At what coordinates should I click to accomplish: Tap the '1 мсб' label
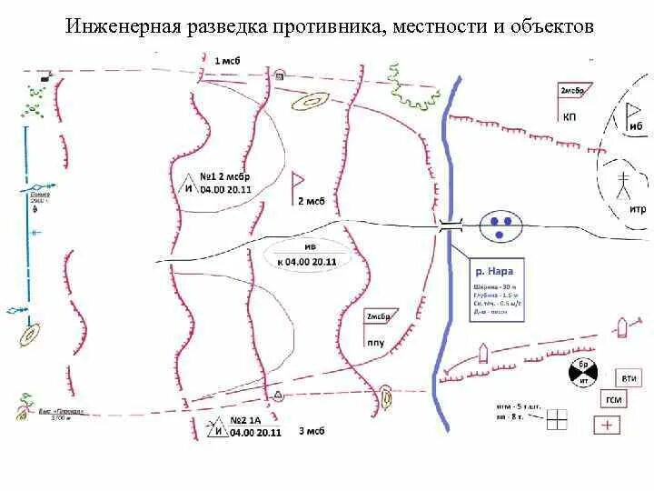pyautogui.click(x=226, y=60)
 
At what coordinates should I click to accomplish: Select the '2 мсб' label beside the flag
pyautogui.click(x=311, y=200)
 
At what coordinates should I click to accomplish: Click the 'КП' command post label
pyautogui.click(x=569, y=116)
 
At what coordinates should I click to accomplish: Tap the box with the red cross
pyautogui.click(x=607, y=425)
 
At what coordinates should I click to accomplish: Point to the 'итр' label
pyautogui.click(x=637, y=209)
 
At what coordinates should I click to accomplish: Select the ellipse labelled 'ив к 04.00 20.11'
pyautogui.click(x=306, y=254)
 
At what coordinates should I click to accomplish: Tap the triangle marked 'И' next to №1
pyautogui.click(x=190, y=185)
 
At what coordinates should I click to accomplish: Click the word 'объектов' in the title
pyautogui.click(x=555, y=26)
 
